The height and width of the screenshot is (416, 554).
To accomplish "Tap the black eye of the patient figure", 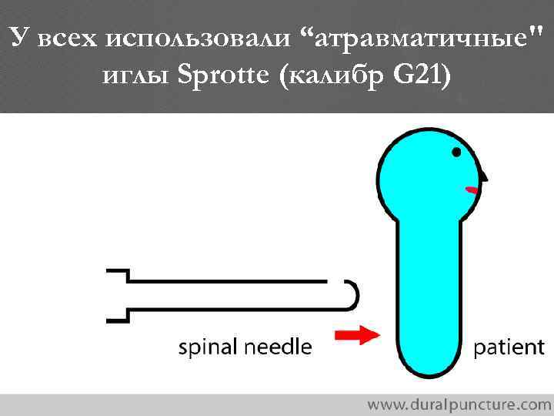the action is point(457,153).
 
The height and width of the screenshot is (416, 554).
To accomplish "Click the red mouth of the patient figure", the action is point(471,189).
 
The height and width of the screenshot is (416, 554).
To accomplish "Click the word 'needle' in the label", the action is point(279,347).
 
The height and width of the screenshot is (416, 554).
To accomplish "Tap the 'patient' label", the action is point(509,347).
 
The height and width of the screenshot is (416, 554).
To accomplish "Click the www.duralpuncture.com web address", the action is point(459,403).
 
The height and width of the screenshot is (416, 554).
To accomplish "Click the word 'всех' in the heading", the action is point(65,37).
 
